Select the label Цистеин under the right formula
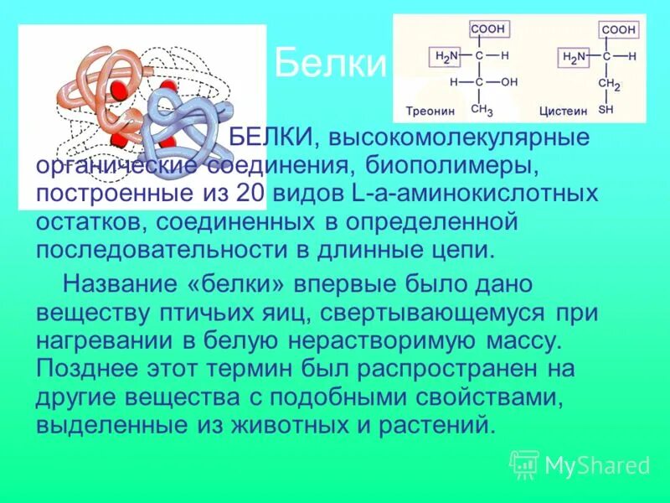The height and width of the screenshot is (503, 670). [x=563, y=111]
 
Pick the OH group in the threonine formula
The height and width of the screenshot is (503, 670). [x=509, y=82]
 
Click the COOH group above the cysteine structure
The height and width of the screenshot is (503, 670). [x=618, y=29]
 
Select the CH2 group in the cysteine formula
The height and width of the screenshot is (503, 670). [x=609, y=85]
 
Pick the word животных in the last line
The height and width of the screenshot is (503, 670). [x=280, y=425]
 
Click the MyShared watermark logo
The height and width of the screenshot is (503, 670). [x=580, y=464]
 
